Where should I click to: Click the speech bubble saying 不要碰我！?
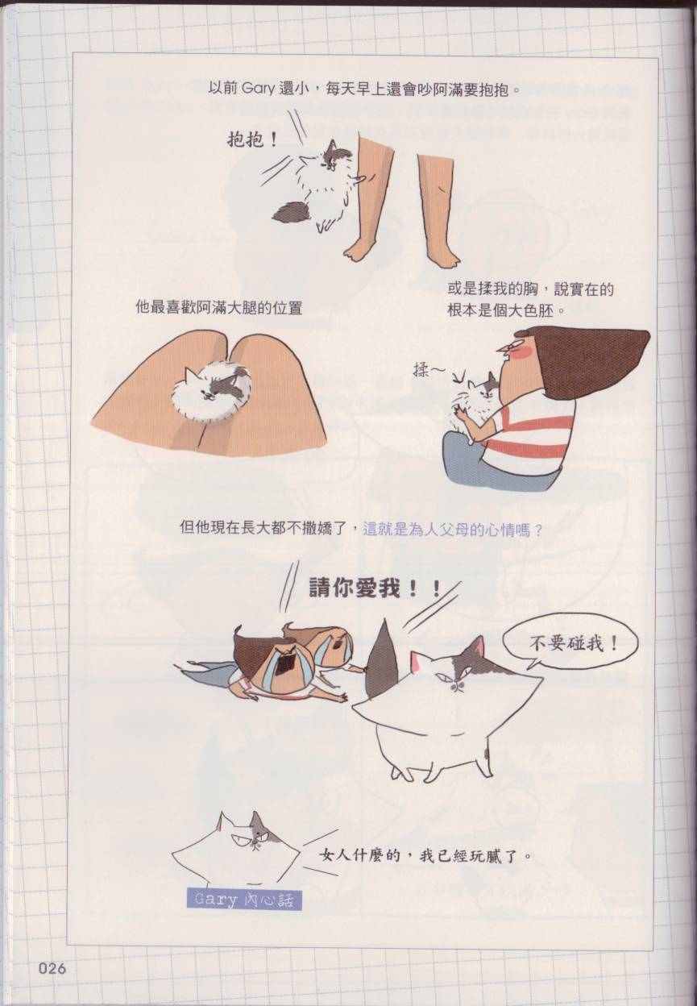coord(570,646)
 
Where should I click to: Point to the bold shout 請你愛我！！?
coord(375,588)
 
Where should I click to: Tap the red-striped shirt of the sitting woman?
coord(531,434)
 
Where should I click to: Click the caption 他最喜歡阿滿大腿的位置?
coord(219,308)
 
